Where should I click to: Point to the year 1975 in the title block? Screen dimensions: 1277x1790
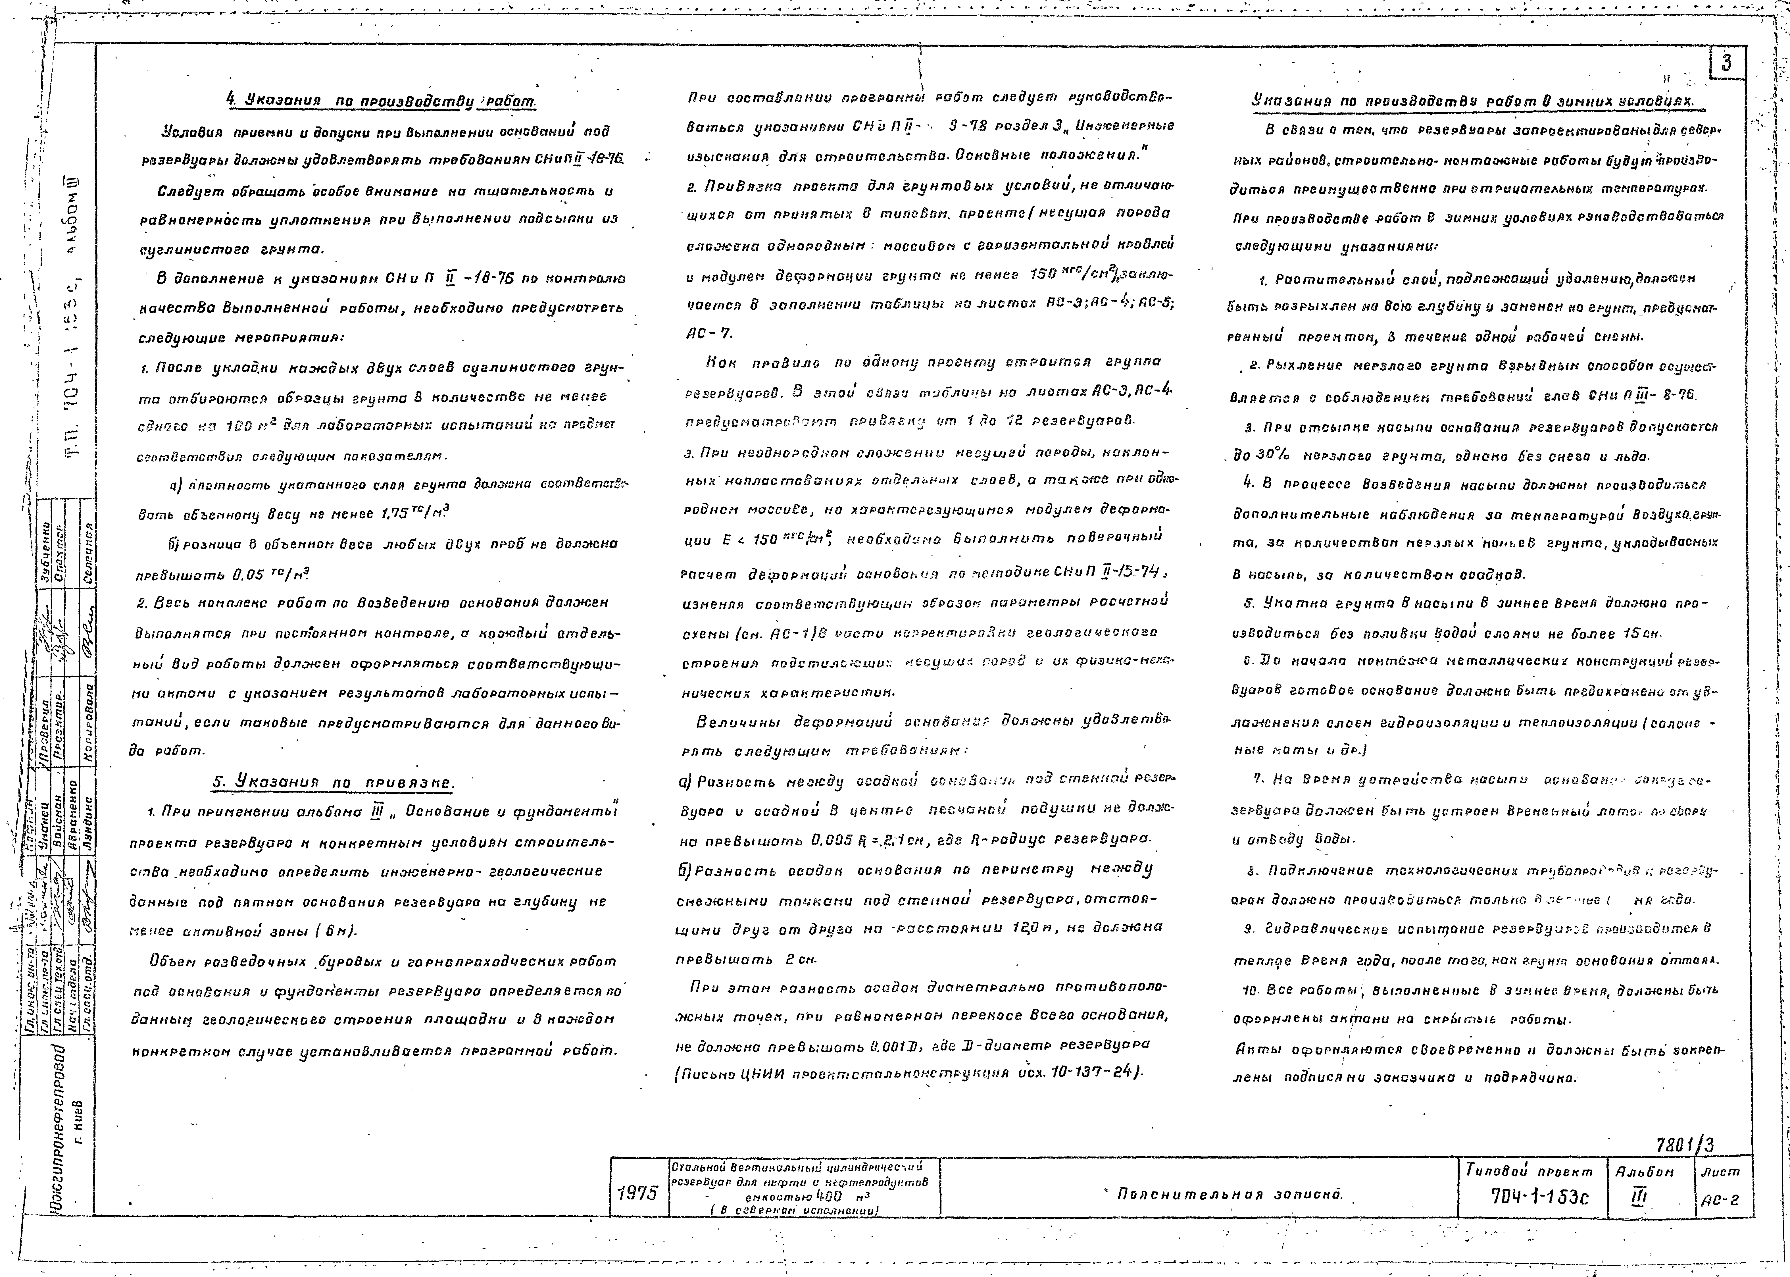(637, 1193)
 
